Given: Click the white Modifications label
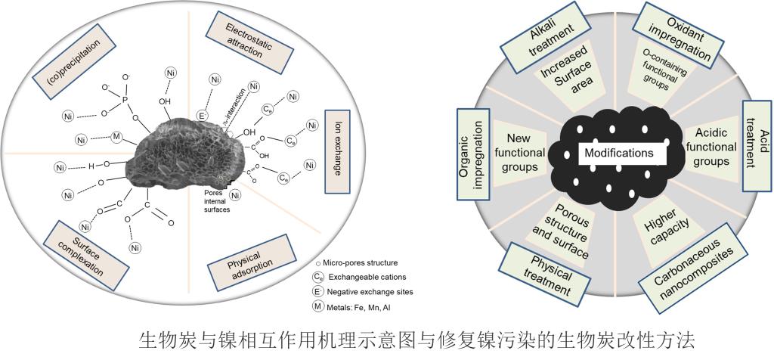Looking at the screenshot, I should [618, 153].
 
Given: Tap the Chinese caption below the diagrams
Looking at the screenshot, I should [401, 338].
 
